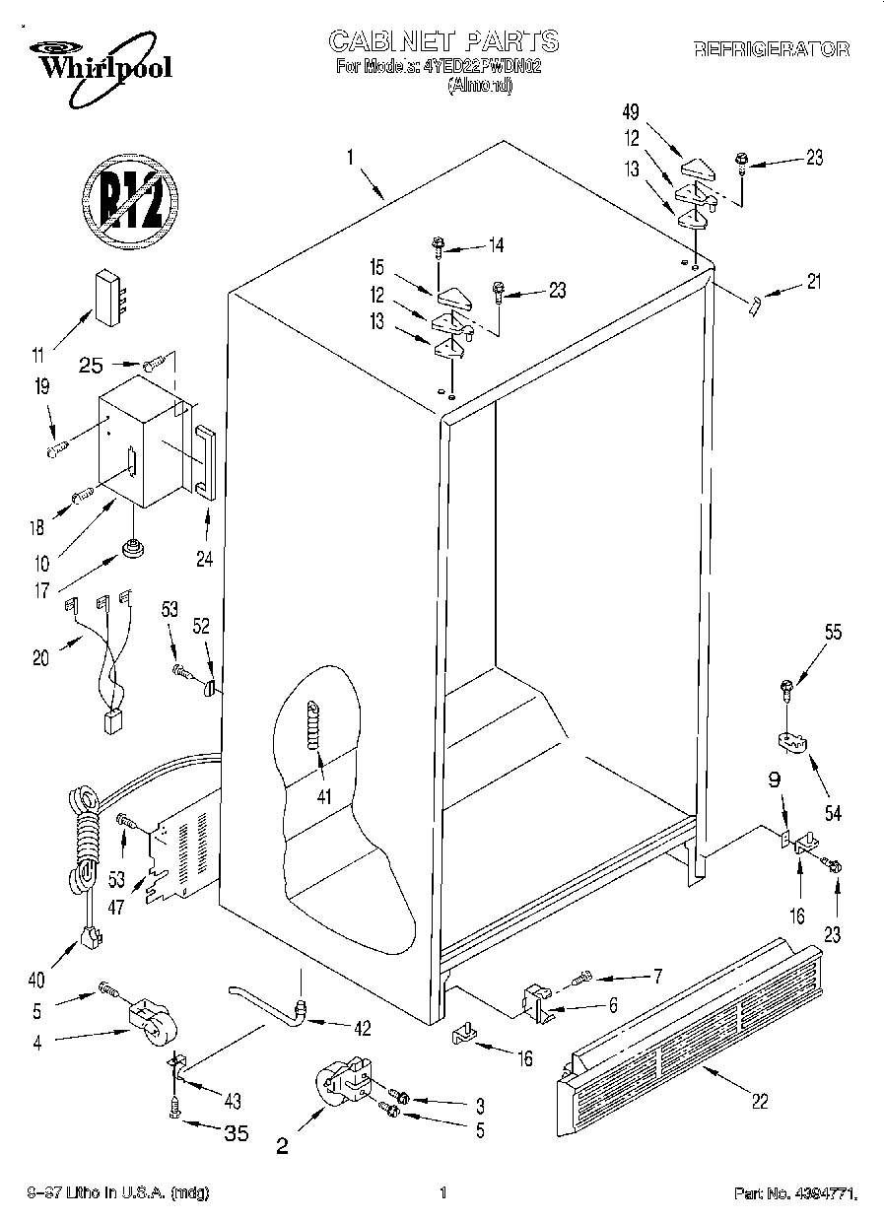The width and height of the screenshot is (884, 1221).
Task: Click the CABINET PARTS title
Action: pos(442,41)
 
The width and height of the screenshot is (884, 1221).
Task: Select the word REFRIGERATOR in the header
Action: pos(772,49)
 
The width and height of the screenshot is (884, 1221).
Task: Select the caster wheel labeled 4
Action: pos(149,1020)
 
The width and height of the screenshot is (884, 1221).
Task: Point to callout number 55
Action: pos(833,634)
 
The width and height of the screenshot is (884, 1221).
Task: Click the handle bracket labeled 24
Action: pos(206,459)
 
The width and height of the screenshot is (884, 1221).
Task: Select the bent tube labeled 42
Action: pos(266,1000)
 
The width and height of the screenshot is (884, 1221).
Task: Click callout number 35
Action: pos(236,1133)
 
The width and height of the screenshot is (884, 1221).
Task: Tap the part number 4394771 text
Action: pos(795,1194)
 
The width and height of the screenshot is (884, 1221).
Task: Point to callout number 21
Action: pos(811,283)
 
